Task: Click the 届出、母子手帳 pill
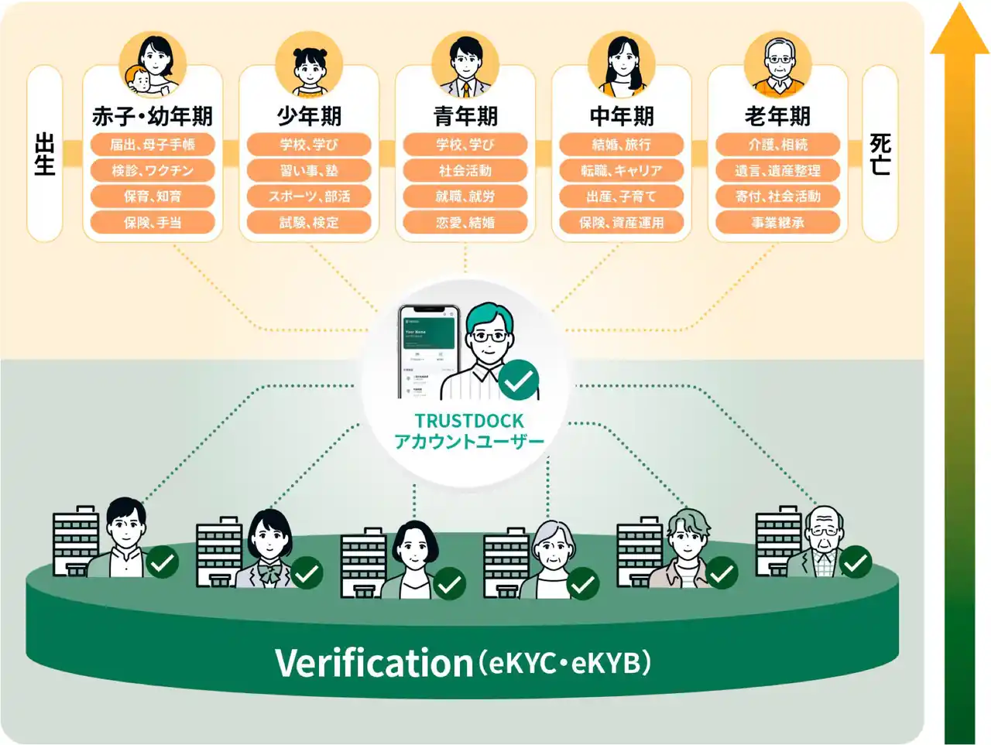click(x=153, y=145)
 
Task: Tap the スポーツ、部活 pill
click(x=309, y=197)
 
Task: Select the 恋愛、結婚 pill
click(x=465, y=223)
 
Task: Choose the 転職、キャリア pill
click(x=622, y=171)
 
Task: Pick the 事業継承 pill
click(x=777, y=223)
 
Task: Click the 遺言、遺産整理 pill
click(x=777, y=171)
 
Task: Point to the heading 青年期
click(x=465, y=116)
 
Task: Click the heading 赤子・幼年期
click(x=153, y=116)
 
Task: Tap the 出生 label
click(x=45, y=154)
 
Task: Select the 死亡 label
click(x=880, y=154)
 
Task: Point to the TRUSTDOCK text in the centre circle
click(x=469, y=421)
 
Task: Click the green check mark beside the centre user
click(x=519, y=380)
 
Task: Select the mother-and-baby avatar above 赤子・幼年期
click(x=153, y=65)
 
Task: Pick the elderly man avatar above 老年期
click(x=778, y=65)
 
